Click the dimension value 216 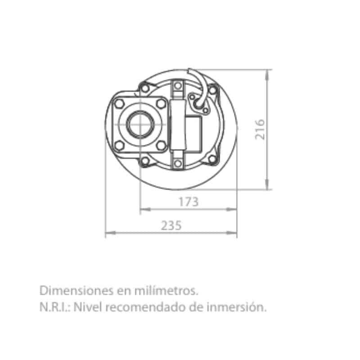260,129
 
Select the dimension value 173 189,202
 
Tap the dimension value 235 171,225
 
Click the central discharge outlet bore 140,125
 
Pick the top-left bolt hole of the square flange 119,103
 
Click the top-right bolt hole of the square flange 161,103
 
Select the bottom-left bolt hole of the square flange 119,145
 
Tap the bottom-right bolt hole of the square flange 161,145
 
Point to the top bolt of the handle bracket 178,86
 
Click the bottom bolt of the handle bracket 178,163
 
